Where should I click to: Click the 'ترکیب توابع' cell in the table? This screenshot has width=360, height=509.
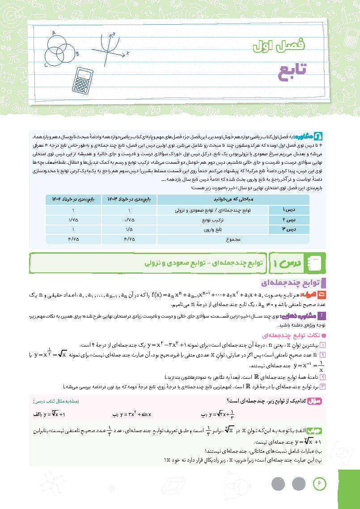tap(194, 220)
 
